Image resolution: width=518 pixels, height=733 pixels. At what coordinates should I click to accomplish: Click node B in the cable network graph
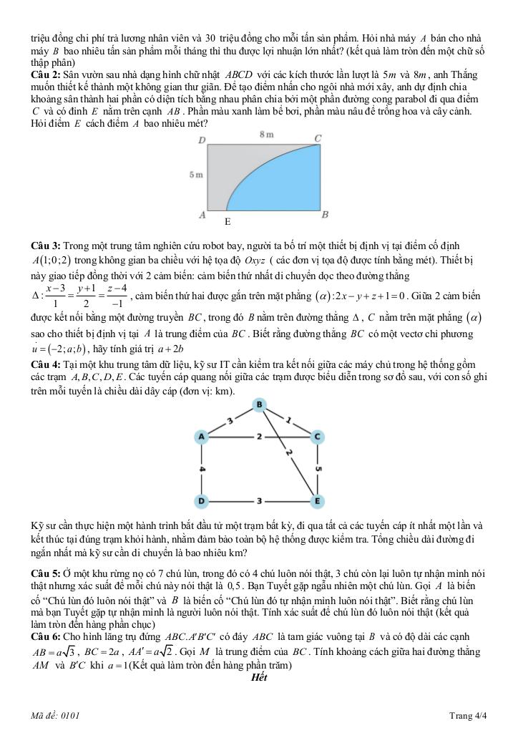point(259,406)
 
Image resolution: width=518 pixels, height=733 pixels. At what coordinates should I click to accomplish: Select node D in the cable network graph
point(202,500)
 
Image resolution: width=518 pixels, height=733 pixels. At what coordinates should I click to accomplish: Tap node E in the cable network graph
point(316,500)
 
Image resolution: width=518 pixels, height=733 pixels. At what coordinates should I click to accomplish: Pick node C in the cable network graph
point(316,435)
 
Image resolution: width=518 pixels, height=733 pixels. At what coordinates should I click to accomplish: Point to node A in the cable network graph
point(202,435)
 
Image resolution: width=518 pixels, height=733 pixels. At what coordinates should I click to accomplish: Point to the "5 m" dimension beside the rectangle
point(195,175)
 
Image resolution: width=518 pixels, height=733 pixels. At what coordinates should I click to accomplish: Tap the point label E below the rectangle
point(227,223)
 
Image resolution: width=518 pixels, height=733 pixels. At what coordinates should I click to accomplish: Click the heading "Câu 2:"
point(46,74)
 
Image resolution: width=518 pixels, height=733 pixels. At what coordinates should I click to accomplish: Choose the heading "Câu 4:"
point(46,364)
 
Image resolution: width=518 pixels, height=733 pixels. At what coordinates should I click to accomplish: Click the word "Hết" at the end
point(259,678)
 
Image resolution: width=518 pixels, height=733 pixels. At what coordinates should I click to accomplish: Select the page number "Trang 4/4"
point(468,715)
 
